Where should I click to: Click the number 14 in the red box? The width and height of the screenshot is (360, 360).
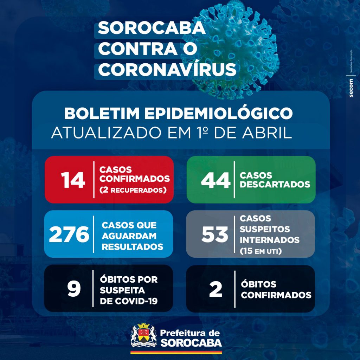[73, 180]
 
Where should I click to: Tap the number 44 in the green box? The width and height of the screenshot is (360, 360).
[215, 180]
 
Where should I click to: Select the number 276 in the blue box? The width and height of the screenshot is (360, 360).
[69, 234]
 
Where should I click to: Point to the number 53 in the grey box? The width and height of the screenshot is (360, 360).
[214, 234]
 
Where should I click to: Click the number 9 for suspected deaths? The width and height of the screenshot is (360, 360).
[74, 289]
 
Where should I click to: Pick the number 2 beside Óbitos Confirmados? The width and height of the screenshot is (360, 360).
[216, 289]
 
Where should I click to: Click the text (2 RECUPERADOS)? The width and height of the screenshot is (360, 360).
[133, 190]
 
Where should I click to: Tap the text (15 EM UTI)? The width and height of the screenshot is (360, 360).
[261, 251]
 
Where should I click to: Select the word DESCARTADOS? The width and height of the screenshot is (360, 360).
[275, 185]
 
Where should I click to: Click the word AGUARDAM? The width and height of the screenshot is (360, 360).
[129, 236]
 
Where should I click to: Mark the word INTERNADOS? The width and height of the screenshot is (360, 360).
[270, 240]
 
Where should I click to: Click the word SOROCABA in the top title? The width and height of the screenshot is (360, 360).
[152, 28]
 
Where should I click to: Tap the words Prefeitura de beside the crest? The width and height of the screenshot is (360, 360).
[190, 333]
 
